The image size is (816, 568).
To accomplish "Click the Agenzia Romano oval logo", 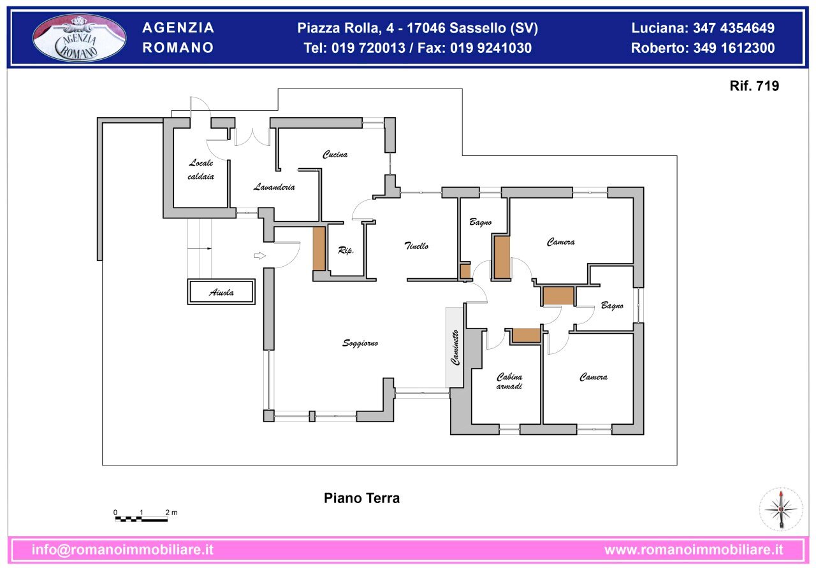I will point(80,38).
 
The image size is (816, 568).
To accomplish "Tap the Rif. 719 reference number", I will point(754,86).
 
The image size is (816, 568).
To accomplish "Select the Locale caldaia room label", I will point(201,170).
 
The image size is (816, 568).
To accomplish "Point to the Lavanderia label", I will point(274,187).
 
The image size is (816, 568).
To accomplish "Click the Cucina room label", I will point(335,155).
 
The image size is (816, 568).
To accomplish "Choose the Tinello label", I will point(416,246).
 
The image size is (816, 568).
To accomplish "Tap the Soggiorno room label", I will point(360,343).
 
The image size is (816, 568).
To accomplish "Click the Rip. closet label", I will point(346,251).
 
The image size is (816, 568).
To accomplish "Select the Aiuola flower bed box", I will point(221,292).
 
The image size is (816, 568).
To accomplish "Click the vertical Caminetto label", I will point(455,347).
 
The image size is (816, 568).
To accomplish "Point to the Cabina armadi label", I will point(509,381).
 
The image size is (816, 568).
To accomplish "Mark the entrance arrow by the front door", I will point(259,256).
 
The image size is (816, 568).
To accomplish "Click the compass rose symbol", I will point(780,509).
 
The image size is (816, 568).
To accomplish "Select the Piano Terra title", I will point(361,498).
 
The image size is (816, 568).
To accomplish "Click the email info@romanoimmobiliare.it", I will point(122,550).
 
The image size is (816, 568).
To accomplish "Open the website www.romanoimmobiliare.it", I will point(694,550).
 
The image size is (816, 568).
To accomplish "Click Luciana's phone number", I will point(703,28).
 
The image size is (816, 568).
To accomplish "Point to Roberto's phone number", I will point(703,48).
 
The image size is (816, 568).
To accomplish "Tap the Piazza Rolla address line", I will point(418,28).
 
